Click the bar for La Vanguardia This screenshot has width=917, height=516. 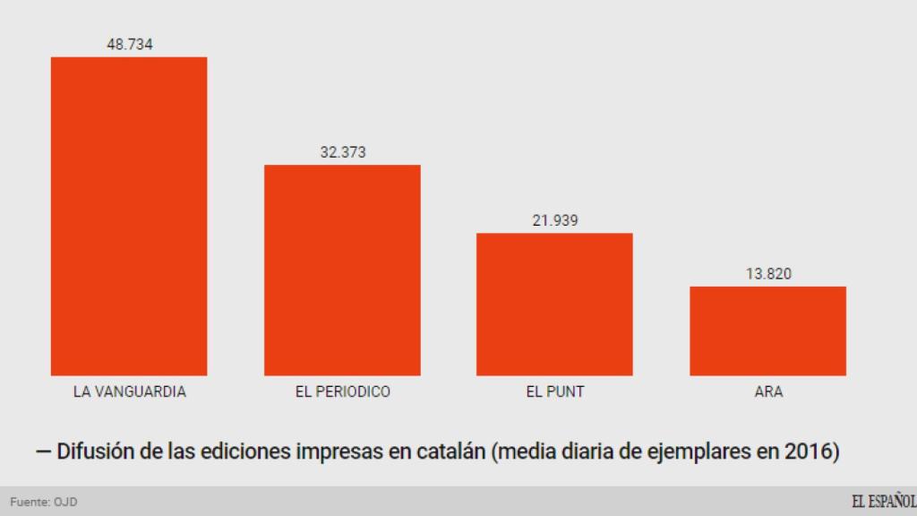pyautogui.click(x=129, y=216)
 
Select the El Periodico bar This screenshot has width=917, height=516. pyautogui.click(x=342, y=270)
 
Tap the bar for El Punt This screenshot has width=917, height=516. pyautogui.click(x=554, y=304)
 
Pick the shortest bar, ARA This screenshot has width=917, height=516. pyautogui.click(x=767, y=331)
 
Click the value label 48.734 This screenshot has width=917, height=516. pyautogui.click(x=129, y=44)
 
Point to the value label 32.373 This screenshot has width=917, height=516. pyautogui.click(x=343, y=152)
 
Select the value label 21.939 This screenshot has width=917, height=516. pyautogui.click(x=555, y=220)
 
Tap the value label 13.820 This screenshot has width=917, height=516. pyautogui.click(x=768, y=274)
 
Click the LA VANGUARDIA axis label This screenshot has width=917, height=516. pyautogui.click(x=130, y=392)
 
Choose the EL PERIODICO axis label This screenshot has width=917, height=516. pyautogui.click(x=343, y=392)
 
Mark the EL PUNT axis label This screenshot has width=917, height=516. pyautogui.click(x=555, y=392)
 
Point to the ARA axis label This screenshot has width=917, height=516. pyautogui.click(x=768, y=392)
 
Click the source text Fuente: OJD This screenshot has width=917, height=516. pyautogui.click(x=44, y=503)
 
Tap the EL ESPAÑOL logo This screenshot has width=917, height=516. pyautogui.click(x=883, y=502)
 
